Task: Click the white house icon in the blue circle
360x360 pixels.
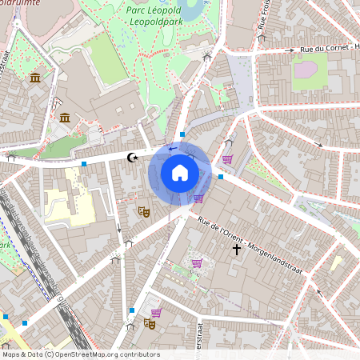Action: tap(180, 173)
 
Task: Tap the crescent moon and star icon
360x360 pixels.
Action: tap(133, 158)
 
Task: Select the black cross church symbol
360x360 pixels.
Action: tap(236, 250)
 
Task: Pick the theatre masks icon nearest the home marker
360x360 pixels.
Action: tap(144, 211)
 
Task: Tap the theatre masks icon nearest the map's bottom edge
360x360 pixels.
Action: tap(149, 323)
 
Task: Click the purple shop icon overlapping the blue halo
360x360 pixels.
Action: tap(198, 198)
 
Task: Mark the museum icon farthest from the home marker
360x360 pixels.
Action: tap(35, 77)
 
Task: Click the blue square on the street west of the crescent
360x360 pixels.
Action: tap(84, 163)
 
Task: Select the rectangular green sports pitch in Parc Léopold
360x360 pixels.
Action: tap(106, 60)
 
